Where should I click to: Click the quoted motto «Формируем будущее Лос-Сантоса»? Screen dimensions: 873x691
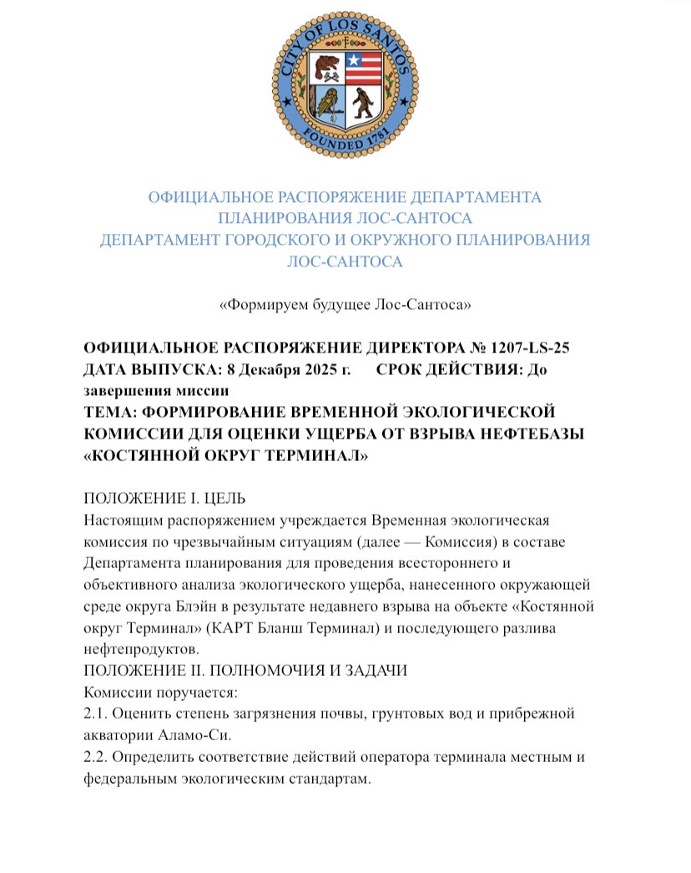345,305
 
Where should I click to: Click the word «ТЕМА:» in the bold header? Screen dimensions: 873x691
113,412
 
